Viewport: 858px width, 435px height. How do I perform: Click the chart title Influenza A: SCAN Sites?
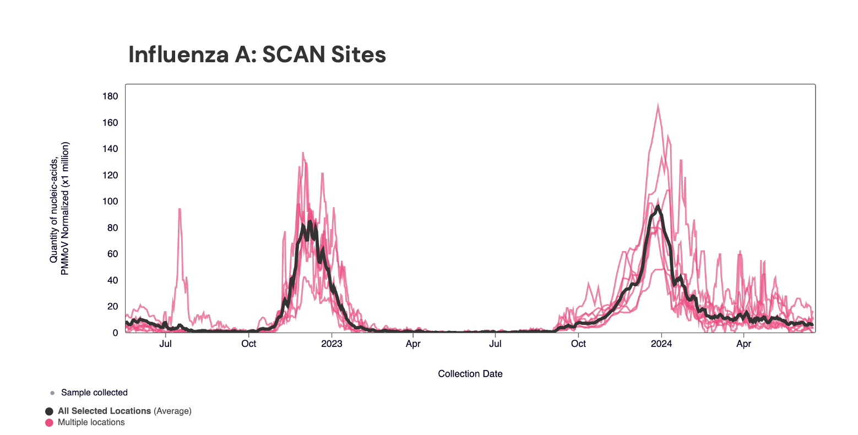(257, 55)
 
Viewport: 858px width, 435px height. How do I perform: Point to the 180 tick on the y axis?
(110, 96)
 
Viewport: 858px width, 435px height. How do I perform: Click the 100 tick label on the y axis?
(110, 202)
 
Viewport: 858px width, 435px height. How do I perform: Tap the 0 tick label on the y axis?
(115, 333)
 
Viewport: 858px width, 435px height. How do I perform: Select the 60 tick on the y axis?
(112, 254)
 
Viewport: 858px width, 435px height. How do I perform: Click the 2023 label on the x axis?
(332, 344)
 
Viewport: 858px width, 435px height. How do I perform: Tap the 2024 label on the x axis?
(661, 344)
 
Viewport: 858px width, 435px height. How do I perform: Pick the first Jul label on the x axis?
(166, 344)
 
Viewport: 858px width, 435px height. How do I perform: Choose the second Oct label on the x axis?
(578, 344)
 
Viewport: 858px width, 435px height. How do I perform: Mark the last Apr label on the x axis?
(744, 344)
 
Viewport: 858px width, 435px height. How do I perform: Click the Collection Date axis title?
(470, 374)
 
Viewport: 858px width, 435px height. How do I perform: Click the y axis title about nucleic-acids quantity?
(59, 209)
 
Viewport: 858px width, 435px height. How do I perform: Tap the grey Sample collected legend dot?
(52, 393)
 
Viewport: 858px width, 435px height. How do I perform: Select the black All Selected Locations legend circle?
(50, 411)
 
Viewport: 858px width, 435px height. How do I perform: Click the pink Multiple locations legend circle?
(50, 423)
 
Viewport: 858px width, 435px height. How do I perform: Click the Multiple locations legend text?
(91, 423)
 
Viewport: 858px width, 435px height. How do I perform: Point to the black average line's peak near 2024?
(658, 207)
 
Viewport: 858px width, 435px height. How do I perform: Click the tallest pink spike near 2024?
(658, 105)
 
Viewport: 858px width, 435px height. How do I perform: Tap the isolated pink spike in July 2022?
(180, 209)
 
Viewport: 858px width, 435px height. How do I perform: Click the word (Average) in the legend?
(172, 411)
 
